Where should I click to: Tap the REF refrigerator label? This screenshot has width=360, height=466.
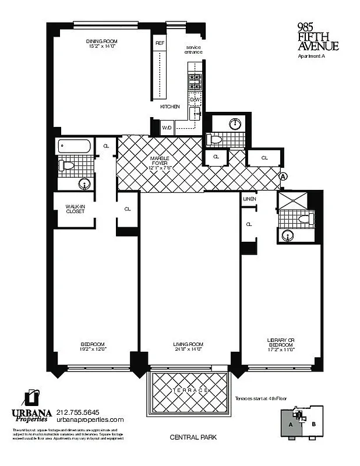point(159,43)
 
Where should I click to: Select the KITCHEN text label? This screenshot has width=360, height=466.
point(170,107)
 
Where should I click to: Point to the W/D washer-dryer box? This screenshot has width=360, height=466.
point(166,127)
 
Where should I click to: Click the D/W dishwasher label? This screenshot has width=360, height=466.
point(194,100)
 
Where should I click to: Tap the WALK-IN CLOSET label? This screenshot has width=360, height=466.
point(75,208)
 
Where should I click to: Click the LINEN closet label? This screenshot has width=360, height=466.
point(249,200)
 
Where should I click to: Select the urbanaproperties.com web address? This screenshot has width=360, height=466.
point(90,419)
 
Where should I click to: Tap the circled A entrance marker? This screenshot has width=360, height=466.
point(283,176)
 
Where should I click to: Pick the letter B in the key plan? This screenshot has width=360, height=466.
point(313,425)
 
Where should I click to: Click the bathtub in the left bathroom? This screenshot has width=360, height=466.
point(75,146)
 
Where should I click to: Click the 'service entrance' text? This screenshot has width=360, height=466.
point(194,50)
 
